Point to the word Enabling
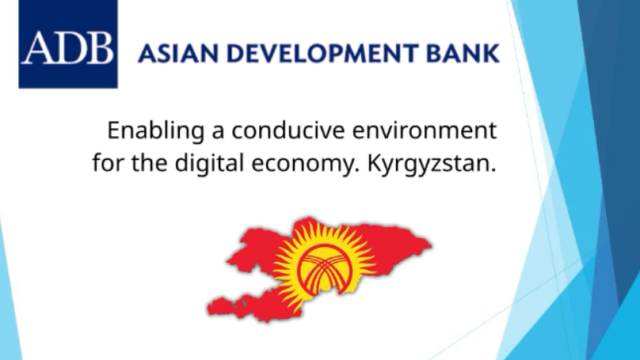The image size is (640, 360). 150,131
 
